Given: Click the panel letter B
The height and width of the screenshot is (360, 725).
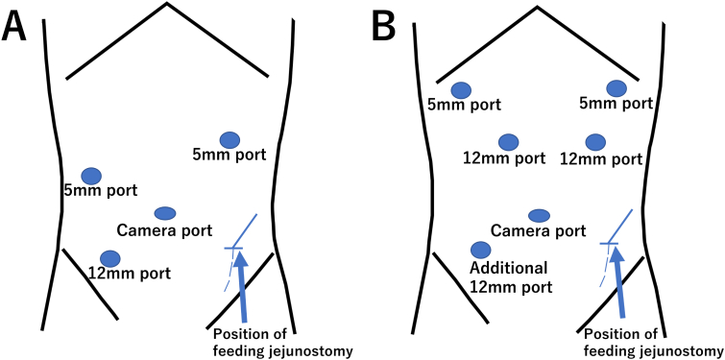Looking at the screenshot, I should coord(384,26).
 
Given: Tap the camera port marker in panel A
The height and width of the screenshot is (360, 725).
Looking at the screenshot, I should coord(164,212).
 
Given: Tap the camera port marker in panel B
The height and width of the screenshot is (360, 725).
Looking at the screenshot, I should coord(539,214).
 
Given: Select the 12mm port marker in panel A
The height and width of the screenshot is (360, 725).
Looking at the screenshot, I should coord(110,258).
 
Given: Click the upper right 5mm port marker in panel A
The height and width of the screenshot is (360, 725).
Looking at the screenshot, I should coord(229,139).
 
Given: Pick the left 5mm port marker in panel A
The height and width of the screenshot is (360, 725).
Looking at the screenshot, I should coord(91,175).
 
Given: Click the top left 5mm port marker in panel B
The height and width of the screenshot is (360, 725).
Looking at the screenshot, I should coord(461,89).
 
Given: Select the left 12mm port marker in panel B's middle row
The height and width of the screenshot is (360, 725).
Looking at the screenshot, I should coord(510,142).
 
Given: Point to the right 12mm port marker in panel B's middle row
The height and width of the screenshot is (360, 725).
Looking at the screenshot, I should coord(595,142).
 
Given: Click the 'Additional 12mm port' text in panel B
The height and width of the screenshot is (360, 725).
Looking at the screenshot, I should coord(508,276).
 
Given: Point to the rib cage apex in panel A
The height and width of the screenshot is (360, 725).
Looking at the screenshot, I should coord(166,5).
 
